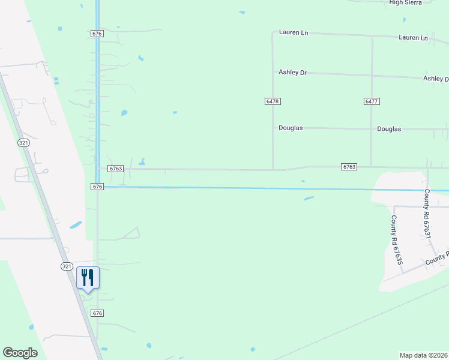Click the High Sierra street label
tap(406, 2)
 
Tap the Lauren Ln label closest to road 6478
tap(293, 32)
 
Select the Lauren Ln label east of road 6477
tap(413, 38)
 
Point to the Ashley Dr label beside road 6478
tap(292, 73)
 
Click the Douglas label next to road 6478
tap(291, 128)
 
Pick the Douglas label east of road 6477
tap(389, 129)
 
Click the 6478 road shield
tap(273, 101)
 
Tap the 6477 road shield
tap(371, 101)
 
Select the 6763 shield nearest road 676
tap(116, 169)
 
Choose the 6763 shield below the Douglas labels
tap(349, 166)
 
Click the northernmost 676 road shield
tap(97, 34)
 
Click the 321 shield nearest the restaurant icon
tap(67, 266)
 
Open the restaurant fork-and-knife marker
tap(88, 278)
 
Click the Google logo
tap(20, 353)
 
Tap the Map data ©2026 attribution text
tap(424, 355)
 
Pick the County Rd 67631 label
tap(427, 214)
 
